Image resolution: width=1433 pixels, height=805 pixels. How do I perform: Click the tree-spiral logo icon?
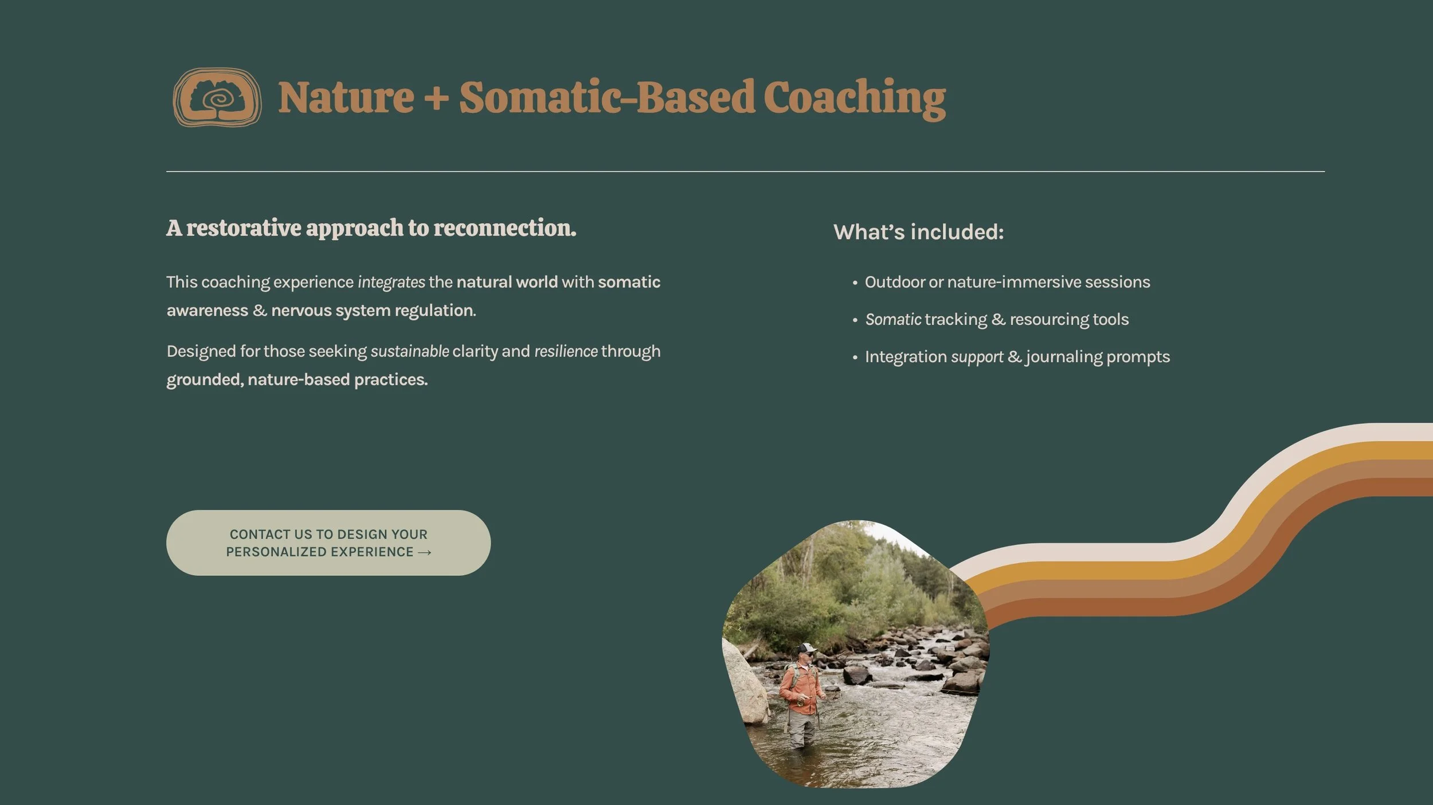(x=217, y=97)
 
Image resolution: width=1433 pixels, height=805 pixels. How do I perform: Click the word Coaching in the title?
(x=854, y=97)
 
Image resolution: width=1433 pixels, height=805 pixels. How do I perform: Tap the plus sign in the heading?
(x=436, y=97)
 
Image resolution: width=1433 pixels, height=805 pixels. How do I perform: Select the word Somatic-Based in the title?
(x=606, y=97)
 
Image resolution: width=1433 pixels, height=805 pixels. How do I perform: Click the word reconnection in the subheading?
(x=504, y=228)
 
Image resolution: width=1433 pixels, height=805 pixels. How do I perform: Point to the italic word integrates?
(x=391, y=282)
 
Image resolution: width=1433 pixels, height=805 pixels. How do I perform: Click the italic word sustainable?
(x=410, y=351)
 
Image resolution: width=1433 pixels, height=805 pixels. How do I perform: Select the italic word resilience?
(x=566, y=351)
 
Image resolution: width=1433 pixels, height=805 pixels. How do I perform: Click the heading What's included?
(x=918, y=232)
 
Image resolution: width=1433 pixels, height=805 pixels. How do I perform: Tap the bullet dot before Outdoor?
(x=855, y=282)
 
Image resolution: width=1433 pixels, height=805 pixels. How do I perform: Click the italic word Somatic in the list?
(x=893, y=319)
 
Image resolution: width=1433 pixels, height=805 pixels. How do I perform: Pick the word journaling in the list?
(x=1064, y=357)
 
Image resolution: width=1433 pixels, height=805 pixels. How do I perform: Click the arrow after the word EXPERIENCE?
(x=425, y=552)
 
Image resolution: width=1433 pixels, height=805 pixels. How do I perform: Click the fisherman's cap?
(x=807, y=648)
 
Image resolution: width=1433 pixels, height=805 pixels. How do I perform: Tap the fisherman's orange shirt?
(x=800, y=688)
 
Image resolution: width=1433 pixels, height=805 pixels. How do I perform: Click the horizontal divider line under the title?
(x=745, y=171)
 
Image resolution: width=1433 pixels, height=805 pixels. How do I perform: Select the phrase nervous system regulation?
(x=373, y=311)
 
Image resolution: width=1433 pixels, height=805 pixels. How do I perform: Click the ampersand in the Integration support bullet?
(x=1014, y=357)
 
